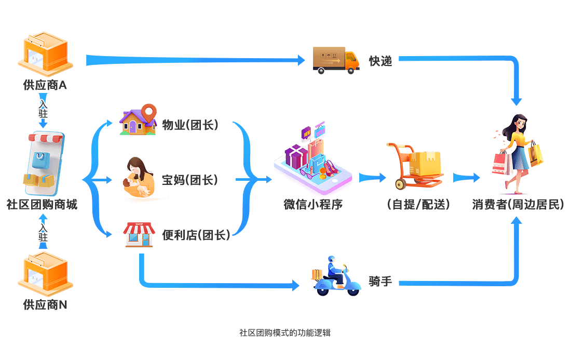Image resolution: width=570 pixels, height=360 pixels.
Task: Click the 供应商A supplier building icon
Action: [x=46, y=54]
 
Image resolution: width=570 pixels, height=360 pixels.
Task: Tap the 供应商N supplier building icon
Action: [x=46, y=274]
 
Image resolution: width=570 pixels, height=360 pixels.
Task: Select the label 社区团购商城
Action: [x=42, y=204]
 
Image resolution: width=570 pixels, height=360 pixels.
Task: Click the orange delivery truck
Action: [x=336, y=60]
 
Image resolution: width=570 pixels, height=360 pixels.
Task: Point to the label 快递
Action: [x=381, y=61]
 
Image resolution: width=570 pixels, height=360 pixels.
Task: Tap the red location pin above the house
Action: [x=149, y=113]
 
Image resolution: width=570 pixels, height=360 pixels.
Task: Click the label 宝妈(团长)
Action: [x=190, y=180]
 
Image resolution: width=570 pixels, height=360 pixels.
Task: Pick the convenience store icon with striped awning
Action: [x=139, y=235]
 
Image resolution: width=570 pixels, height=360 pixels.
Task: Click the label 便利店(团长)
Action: [x=196, y=235]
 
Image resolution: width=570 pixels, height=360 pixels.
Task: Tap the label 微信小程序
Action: [x=313, y=204]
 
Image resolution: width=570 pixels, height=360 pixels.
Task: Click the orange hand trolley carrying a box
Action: [x=415, y=166]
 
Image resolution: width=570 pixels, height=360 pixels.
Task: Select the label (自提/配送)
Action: [x=418, y=204]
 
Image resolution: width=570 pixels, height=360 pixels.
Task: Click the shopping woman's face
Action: [x=521, y=124]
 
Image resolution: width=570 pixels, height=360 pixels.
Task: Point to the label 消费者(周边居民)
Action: [x=518, y=204]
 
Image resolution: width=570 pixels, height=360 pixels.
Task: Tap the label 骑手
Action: [x=380, y=281]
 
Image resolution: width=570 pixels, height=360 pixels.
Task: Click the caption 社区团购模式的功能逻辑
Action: [x=285, y=332]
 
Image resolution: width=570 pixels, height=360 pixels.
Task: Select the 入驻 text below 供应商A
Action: [x=43, y=109]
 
